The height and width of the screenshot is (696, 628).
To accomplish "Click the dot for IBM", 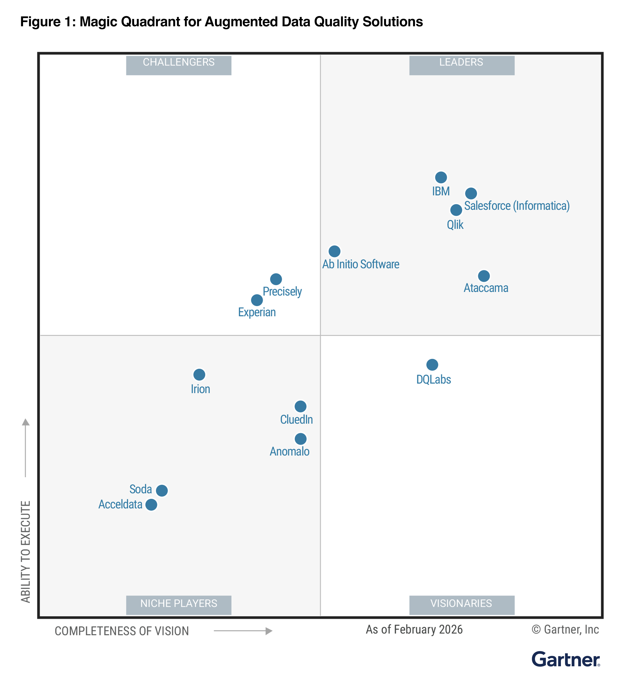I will tap(441, 178).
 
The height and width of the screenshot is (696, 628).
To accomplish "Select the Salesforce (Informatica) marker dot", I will tap(471, 193).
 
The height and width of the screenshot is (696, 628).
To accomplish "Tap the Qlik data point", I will tap(456, 210).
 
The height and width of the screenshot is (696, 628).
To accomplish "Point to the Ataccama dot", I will tap(484, 276).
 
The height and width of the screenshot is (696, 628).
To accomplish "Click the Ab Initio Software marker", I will tap(334, 251).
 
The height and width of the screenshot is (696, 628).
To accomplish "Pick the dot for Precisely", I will tap(276, 279).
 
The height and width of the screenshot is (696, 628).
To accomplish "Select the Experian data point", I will tap(257, 300).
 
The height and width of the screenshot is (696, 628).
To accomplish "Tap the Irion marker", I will tap(199, 375).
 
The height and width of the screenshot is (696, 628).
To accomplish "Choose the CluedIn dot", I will tap(300, 406).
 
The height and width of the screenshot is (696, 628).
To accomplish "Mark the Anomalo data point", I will tap(300, 439).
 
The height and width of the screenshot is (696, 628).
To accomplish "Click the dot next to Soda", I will tap(162, 491).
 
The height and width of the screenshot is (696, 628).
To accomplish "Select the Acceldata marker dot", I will tap(151, 505).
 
